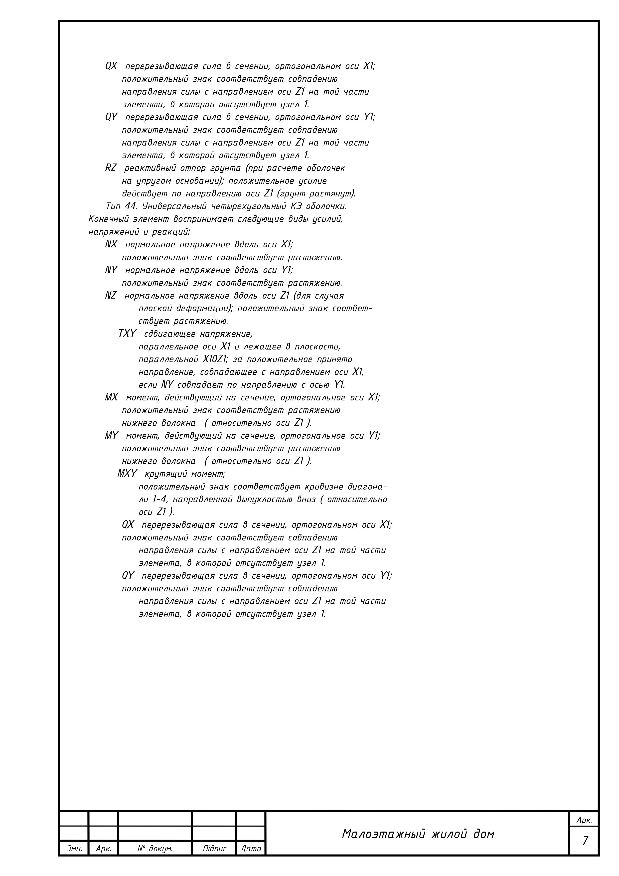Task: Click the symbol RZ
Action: click(111, 168)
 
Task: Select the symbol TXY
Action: click(127, 334)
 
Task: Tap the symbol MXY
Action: click(127, 474)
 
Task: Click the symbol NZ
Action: click(111, 296)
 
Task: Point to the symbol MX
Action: click(111, 397)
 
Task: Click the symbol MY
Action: click(111, 436)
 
